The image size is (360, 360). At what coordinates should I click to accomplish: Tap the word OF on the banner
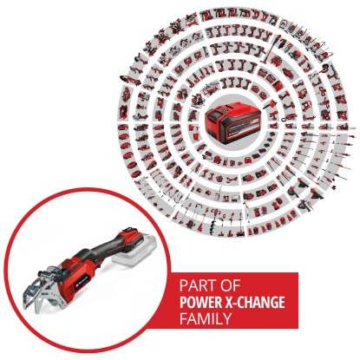230,285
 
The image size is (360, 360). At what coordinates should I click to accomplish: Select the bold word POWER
200,303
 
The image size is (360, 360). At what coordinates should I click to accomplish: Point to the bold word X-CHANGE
254,303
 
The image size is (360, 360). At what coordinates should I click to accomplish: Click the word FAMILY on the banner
206,318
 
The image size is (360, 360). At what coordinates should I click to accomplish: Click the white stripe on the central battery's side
245,126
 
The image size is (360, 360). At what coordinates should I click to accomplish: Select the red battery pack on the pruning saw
135,237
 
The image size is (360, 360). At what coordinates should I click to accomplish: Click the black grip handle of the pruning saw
106,245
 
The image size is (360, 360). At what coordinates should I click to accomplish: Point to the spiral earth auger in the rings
215,215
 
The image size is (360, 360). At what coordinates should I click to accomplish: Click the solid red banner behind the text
232,301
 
